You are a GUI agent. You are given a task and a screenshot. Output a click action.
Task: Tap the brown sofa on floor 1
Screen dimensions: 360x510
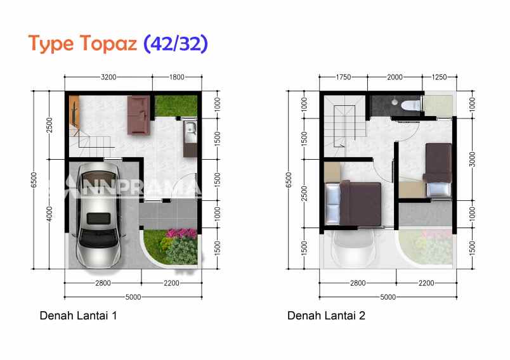(139, 114)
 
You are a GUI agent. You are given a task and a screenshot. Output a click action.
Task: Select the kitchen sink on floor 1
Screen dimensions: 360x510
(189, 132)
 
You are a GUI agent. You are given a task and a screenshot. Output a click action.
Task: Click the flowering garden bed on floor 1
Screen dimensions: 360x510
(180, 247)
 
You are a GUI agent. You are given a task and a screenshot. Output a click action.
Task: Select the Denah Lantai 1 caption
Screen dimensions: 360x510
(78, 315)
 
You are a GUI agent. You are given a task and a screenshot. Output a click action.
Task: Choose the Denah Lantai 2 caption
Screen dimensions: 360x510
(326, 315)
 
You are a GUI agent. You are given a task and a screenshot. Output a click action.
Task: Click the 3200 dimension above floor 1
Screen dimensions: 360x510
(108, 77)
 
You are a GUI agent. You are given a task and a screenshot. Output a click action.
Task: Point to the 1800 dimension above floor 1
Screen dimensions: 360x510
(176, 77)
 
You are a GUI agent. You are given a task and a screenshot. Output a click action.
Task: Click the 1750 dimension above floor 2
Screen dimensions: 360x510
(344, 77)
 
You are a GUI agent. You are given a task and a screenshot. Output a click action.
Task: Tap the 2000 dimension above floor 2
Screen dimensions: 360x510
(395, 77)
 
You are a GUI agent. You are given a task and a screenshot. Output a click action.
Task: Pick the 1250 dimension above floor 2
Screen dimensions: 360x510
(439, 77)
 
